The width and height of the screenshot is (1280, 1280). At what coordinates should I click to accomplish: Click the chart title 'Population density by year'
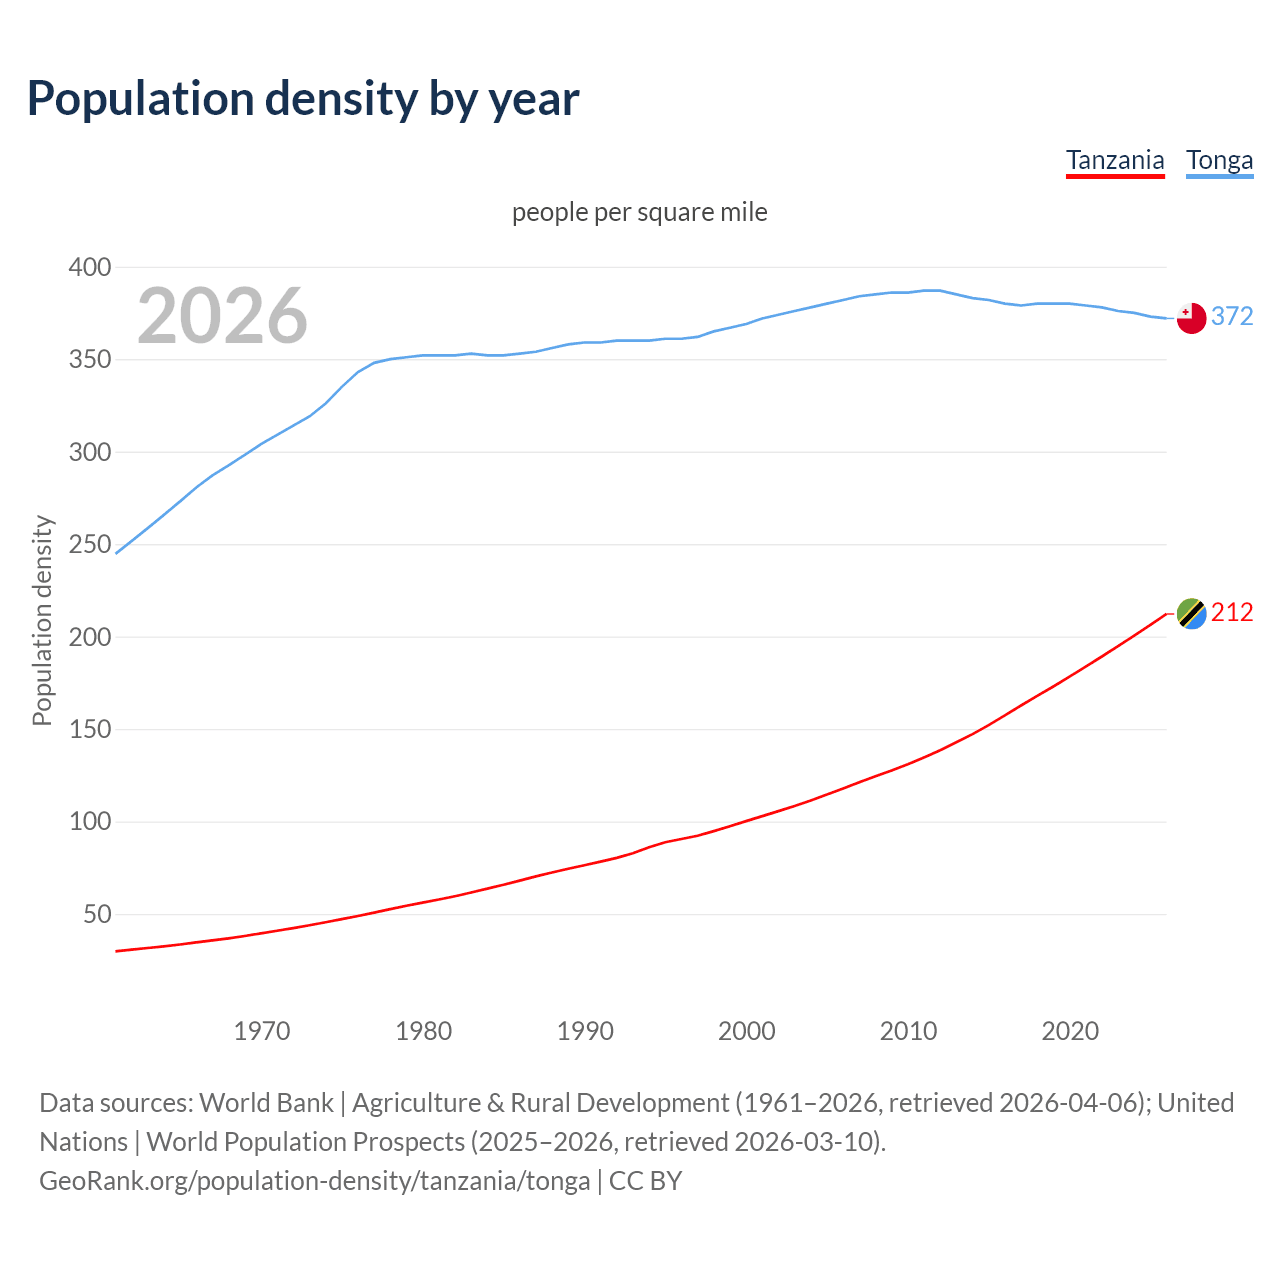(303, 99)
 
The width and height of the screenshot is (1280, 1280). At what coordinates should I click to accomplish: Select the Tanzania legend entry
(1115, 160)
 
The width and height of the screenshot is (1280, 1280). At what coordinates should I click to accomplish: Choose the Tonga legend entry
(1219, 160)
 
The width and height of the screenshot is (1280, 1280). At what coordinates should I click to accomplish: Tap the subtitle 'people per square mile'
(639, 212)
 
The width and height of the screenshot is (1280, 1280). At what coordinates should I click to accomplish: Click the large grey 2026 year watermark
(222, 316)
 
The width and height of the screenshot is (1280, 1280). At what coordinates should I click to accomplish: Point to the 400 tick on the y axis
(90, 267)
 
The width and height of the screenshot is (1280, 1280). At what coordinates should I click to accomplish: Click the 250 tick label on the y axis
(90, 545)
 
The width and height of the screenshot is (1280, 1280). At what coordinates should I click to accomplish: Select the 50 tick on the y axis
(97, 915)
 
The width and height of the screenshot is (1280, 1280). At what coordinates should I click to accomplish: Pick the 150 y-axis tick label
(90, 730)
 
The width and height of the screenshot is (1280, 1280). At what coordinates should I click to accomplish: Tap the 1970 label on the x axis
(262, 1031)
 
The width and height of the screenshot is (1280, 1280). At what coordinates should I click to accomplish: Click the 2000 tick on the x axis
(747, 1031)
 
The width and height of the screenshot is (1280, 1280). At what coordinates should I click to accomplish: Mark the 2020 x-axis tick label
(1070, 1031)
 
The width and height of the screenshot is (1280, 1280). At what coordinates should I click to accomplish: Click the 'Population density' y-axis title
(42, 620)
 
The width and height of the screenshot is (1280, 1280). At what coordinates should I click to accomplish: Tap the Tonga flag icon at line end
(1191, 318)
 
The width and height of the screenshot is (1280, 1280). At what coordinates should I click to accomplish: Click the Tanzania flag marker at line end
(1191, 613)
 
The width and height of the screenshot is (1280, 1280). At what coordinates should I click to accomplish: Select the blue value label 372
(1232, 316)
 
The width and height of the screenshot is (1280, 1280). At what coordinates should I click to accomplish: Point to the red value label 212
(1232, 612)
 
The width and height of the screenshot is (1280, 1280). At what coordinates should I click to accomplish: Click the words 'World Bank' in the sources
(266, 1102)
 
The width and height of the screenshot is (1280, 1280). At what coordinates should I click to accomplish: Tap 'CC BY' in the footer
(646, 1180)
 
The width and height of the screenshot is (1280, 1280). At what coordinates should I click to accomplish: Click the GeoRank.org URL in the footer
(315, 1180)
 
